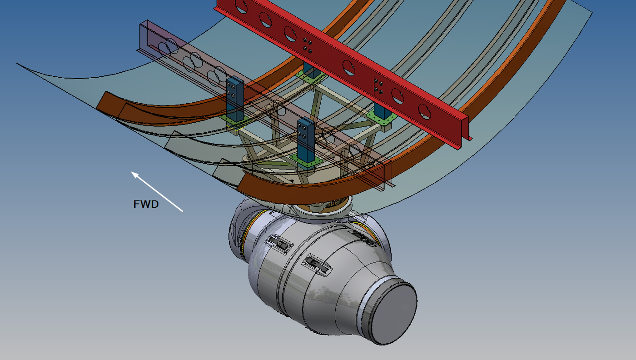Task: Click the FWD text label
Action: [146, 205]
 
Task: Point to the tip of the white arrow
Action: [132, 172]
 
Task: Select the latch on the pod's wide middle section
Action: [278, 244]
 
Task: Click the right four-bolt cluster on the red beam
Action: [378, 87]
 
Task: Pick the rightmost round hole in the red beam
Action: [424, 111]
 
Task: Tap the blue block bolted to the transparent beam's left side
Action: [235, 98]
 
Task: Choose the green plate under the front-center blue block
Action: [306, 160]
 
